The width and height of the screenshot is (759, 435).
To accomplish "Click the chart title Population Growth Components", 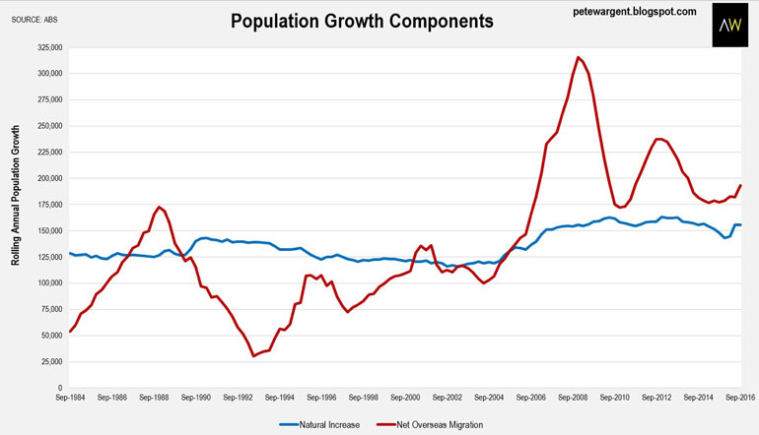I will [362, 20].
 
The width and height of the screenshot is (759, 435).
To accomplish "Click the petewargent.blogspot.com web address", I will [634, 11].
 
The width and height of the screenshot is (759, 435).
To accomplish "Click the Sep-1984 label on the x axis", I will [69, 397].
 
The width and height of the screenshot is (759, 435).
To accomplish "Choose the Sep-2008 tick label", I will [573, 397].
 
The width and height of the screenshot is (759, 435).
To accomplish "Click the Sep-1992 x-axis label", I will [238, 397].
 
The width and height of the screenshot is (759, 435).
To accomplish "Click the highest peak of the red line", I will [578, 57].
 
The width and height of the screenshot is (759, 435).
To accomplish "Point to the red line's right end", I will [741, 186].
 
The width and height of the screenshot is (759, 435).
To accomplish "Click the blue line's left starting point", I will [69, 253].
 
